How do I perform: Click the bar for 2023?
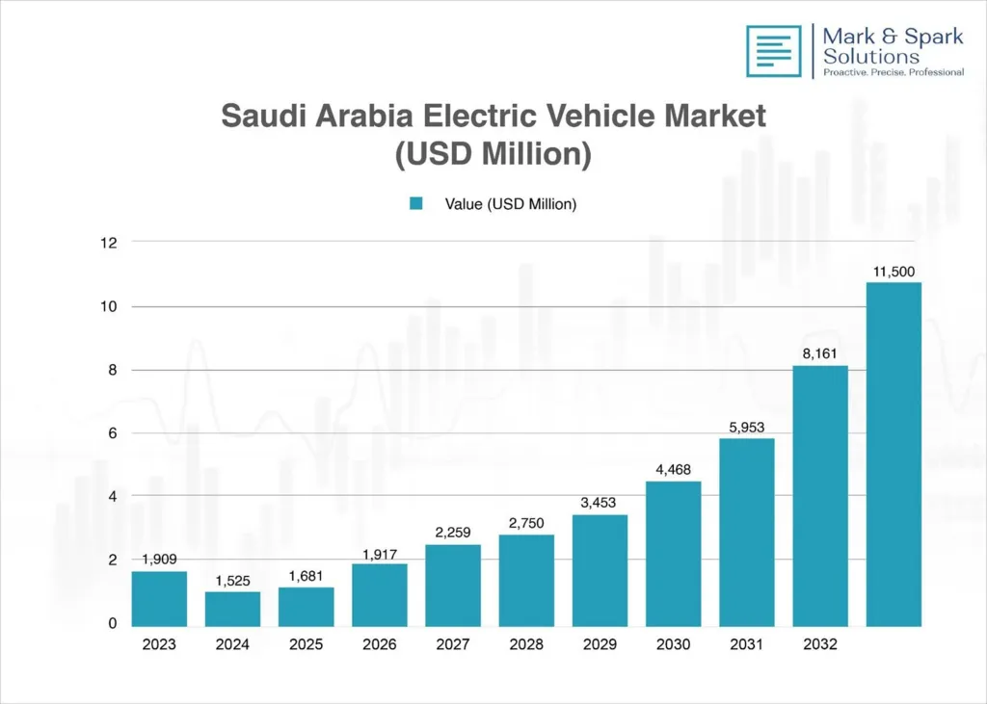point(159,598)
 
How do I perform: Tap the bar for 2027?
point(452,585)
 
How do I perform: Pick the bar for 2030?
point(673,553)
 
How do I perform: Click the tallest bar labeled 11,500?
point(894,453)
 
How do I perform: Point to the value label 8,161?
point(820,353)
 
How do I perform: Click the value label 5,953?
point(746,427)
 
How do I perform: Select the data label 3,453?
point(600,503)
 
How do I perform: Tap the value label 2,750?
point(525,523)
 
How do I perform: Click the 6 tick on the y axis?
point(112,433)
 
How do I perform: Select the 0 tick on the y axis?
point(112,623)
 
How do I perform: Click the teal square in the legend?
point(416,203)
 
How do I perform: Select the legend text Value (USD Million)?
point(510,203)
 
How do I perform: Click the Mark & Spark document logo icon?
point(773,51)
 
